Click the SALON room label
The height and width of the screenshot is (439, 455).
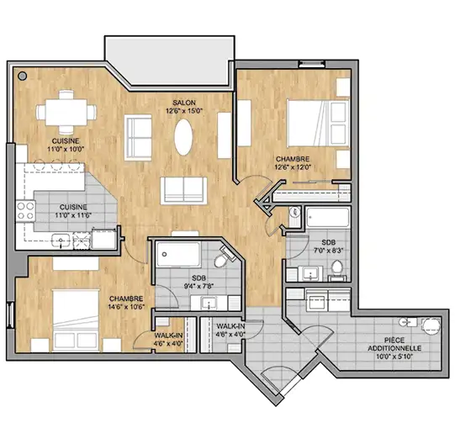tap(184, 103)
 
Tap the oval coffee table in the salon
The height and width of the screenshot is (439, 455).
tap(183, 137)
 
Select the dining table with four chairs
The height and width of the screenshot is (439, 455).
tap(66, 112)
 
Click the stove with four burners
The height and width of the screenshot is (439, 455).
tap(25, 211)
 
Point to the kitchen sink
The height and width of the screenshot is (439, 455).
tap(61, 241)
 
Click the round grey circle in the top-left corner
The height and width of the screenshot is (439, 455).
tap(23, 77)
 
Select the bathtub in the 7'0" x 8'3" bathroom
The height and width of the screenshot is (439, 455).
tap(328, 217)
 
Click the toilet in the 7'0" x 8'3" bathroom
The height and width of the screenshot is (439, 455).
tap(337, 269)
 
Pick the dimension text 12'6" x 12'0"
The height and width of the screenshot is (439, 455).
tap(293, 167)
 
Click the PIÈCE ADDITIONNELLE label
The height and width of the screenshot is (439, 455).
tap(394, 344)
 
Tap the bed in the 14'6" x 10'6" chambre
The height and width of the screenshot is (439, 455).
tap(76, 320)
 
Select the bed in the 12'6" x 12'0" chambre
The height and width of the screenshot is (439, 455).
tap(318, 123)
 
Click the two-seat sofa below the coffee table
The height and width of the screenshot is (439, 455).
tap(183, 191)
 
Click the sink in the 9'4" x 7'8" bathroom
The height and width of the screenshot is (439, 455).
tap(209, 303)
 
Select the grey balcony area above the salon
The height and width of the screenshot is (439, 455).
tap(170, 61)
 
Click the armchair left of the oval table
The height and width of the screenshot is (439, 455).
tap(138, 138)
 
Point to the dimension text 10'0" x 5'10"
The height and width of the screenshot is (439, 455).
tap(394, 357)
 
